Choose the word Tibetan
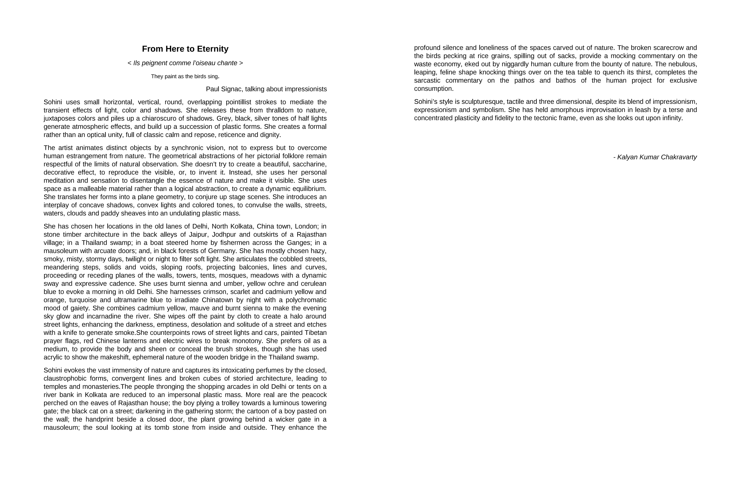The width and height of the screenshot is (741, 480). tap(315, 333)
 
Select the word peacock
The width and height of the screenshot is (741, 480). tap(314, 395)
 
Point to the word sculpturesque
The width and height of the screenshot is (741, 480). tap(482, 102)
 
